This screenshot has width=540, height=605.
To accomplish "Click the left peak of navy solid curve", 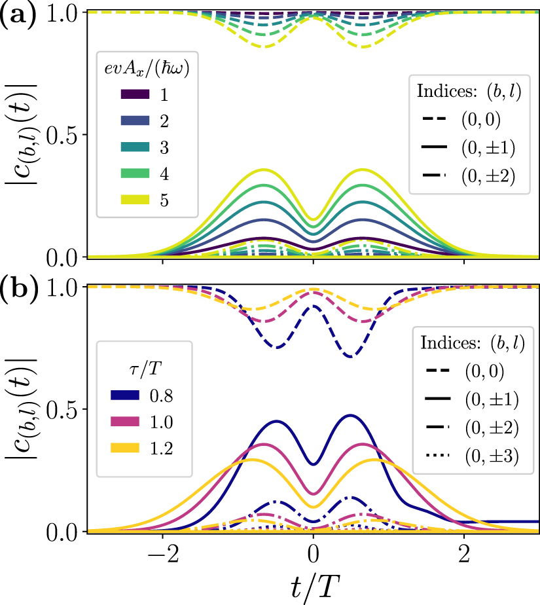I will point(277,421).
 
